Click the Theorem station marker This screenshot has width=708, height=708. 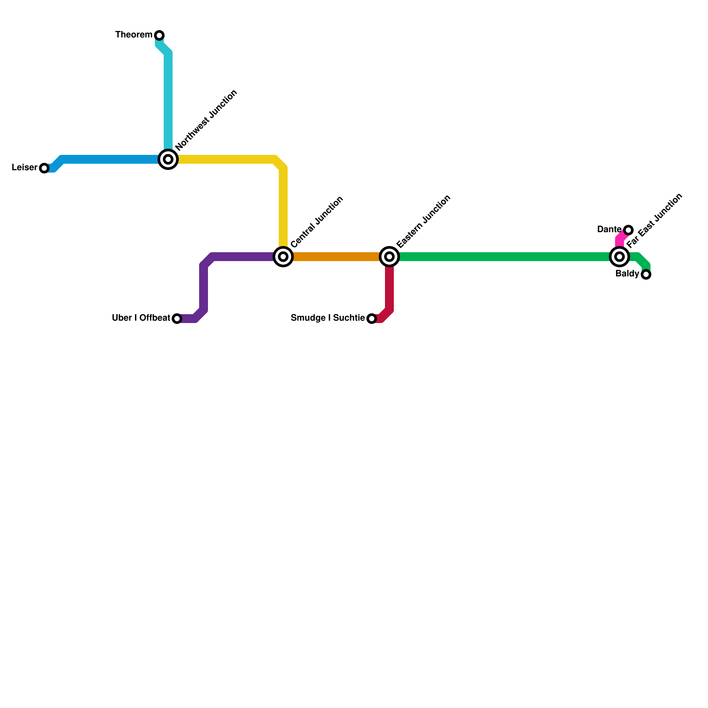click(159, 35)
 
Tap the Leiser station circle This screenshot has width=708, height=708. click(44, 168)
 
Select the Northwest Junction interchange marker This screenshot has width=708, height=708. click(168, 159)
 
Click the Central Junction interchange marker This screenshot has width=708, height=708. click(283, 257)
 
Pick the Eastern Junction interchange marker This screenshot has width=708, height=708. click(389, 257)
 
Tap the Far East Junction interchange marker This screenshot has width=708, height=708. click(619, 257)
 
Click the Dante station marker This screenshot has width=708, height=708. click(628, 230)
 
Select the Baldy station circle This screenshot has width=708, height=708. click(646, 275)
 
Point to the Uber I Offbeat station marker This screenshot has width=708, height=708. click(177, 319)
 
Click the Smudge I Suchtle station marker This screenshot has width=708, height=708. click(372, 319)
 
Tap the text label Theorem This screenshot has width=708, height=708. click(134, 35)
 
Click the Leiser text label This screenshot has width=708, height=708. click(24, 168)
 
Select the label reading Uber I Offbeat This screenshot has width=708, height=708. click(141, 318)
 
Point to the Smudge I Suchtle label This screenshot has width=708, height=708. click(327, 318)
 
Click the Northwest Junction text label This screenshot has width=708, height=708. click(206, 120)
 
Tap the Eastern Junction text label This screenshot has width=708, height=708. click(423, 221)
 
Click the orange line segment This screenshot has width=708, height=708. click(336, 257)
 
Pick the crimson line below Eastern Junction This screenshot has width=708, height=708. click(389, 288)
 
